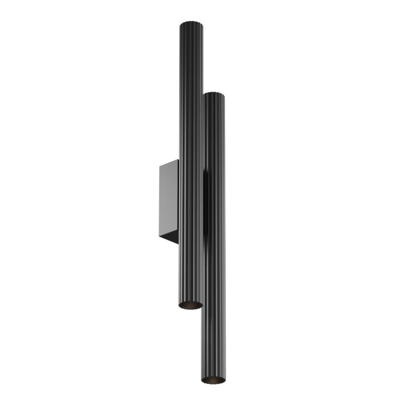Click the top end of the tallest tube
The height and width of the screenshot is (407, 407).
click(191, 23)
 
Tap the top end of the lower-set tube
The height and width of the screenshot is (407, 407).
click(215, 95)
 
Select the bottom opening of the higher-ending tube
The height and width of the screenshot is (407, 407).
click(190, 305)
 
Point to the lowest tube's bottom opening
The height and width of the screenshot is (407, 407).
click(213, 380)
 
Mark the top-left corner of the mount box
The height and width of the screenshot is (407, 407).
click(159, 165)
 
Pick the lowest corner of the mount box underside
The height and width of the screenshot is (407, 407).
click(178, 243)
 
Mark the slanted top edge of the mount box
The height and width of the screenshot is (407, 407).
click(168, 163)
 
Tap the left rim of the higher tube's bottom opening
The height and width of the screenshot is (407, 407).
click(180, 304)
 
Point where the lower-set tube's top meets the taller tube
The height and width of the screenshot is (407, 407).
click(203, 97)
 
